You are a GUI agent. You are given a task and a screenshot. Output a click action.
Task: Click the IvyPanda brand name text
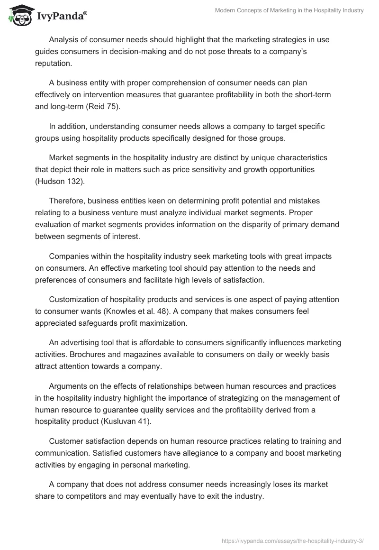61,16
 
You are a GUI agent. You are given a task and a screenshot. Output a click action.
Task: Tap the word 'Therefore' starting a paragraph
67,201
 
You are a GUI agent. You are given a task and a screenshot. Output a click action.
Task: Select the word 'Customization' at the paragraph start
73,300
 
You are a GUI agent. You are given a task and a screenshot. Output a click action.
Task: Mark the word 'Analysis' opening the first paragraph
64,40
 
